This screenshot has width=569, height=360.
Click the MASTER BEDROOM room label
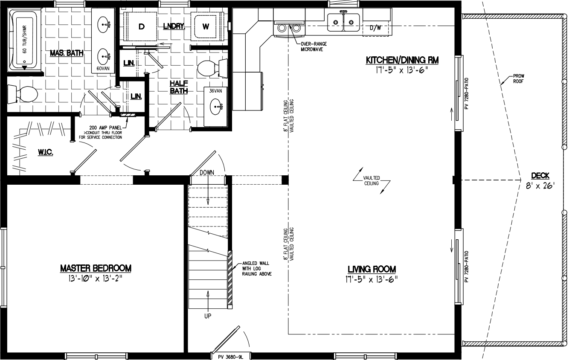(96, 268)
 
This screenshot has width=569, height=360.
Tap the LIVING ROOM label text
(372, 269)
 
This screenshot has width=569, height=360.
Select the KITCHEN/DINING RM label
(402, 61)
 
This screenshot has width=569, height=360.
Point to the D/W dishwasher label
(376, 28)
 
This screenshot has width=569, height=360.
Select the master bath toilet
(23, 94)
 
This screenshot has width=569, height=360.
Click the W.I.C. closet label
(44, 152)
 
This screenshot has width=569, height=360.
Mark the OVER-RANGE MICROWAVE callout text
(311, 46)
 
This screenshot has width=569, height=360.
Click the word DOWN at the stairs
(206, 172)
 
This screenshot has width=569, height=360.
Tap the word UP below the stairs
(208, 316)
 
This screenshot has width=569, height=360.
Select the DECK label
(540, 176)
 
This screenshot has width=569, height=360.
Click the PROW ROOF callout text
(518, 79)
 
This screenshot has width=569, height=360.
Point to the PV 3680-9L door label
(230, 356)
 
